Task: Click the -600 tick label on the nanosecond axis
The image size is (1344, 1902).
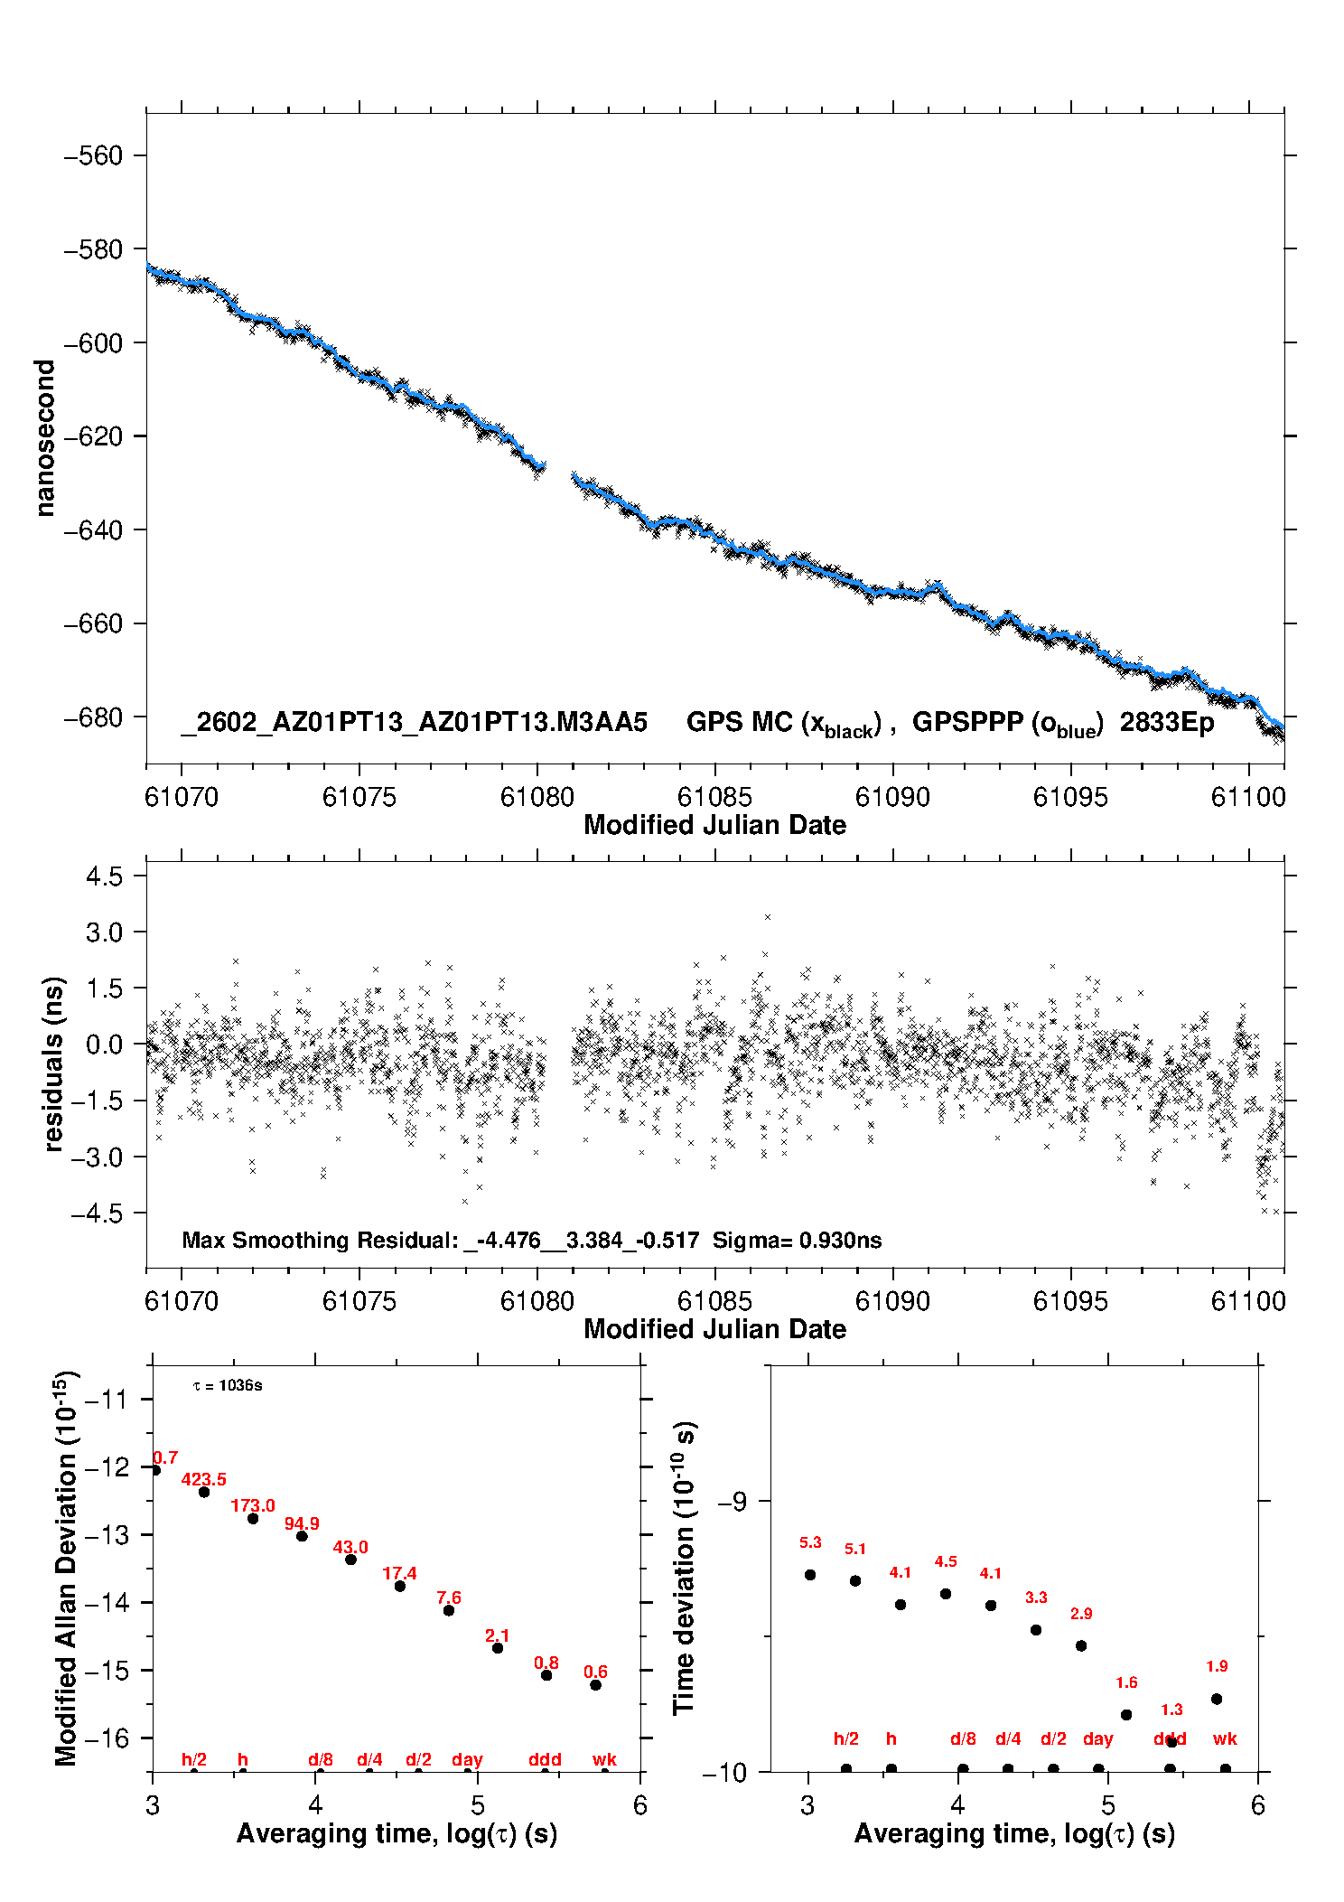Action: [x=92, y=343]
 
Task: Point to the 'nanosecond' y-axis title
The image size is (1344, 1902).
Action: [x=45, y=437]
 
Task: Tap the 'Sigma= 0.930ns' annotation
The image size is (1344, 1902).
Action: [x=797, y=1240]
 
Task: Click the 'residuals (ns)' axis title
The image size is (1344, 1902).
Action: [x=54, y=1063]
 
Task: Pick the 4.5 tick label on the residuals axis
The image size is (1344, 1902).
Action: [x=104, y=876]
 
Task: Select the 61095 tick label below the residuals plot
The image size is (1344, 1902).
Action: [x=1069, y=1301]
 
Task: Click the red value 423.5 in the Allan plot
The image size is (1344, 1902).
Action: [x=203, y=1479]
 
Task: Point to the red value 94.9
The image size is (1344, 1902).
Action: [x=302, y=1523]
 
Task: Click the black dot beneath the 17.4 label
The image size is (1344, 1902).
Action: [x=400, y=1586]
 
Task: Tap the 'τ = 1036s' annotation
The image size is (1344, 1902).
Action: [x=228, y=1385]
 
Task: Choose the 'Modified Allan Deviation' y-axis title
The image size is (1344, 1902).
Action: [x=67, y=1568]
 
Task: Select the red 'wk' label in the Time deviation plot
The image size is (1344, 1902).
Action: [x=1225, y=1738]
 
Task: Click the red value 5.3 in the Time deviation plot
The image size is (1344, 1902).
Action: [x=810, y=1542]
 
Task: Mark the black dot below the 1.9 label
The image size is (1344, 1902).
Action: [x=1217, y=1699]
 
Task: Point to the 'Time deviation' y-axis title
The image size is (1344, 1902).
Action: [x=684, y=1568]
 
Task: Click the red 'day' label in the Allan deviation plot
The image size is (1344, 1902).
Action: [x=467, y=1759]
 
